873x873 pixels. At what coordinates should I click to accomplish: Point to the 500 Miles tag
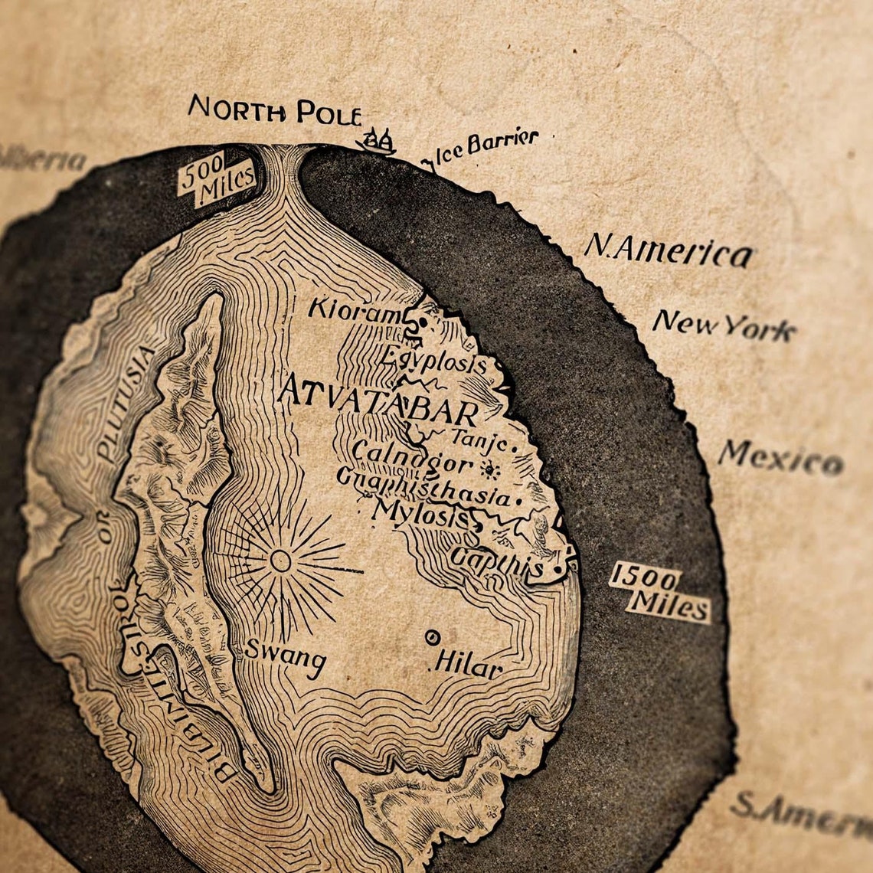coord(215,179)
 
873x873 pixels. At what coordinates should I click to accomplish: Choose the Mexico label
coord(780,457)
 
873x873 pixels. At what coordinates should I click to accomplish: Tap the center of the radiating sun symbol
coord(280,561)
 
